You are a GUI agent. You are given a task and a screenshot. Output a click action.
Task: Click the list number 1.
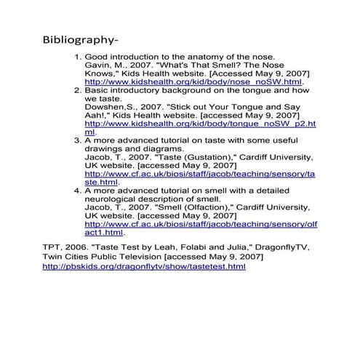[77, 57]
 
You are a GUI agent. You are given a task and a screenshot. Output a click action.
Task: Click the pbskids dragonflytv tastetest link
[145, 267]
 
